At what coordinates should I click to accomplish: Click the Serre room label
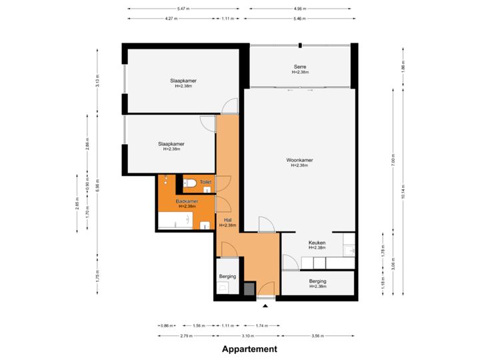click(299, 66)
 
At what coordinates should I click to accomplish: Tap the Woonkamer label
click(299, 161)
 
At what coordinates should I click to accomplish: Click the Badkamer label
click(187, 201)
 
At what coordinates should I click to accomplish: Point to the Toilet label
click(205, 182)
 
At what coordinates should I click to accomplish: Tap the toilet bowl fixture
click(189, 183)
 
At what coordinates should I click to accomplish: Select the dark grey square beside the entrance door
click(249, 289)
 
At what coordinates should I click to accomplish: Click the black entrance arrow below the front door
click(266, 306)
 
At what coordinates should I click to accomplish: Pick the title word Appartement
click(249, 349)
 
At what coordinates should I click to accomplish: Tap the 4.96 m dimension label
click(300, 9)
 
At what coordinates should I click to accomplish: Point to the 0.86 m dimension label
click(167, 325)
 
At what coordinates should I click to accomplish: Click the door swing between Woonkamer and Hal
click(265, 223)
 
